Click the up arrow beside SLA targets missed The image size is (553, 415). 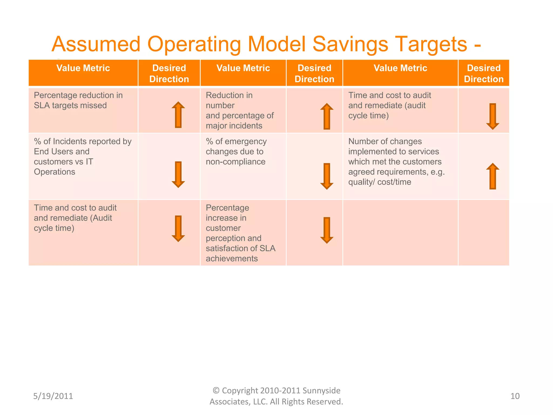point(178,115)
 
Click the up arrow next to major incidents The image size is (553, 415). point(327,116)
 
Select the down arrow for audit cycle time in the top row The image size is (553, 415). point(493,116)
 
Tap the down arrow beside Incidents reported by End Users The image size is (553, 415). point(178,175)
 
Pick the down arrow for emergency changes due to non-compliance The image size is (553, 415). point(327,176)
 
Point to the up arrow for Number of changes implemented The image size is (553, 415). point(493,176)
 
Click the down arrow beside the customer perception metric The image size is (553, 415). point(327,230)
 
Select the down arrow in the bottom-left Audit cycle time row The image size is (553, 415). point(178,229)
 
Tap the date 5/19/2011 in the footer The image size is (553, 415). point(53,396)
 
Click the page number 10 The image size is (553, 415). point(515,396)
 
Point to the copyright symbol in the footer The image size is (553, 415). point(216,390)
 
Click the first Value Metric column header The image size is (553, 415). point(83,68)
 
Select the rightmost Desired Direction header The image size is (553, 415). point(484,73)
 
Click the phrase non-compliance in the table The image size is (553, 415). point(235,162)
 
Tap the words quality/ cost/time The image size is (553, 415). point(380,182)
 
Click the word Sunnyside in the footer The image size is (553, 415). point(321,390)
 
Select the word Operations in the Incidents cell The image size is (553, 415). point(55,172)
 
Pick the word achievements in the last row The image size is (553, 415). point(232,259)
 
